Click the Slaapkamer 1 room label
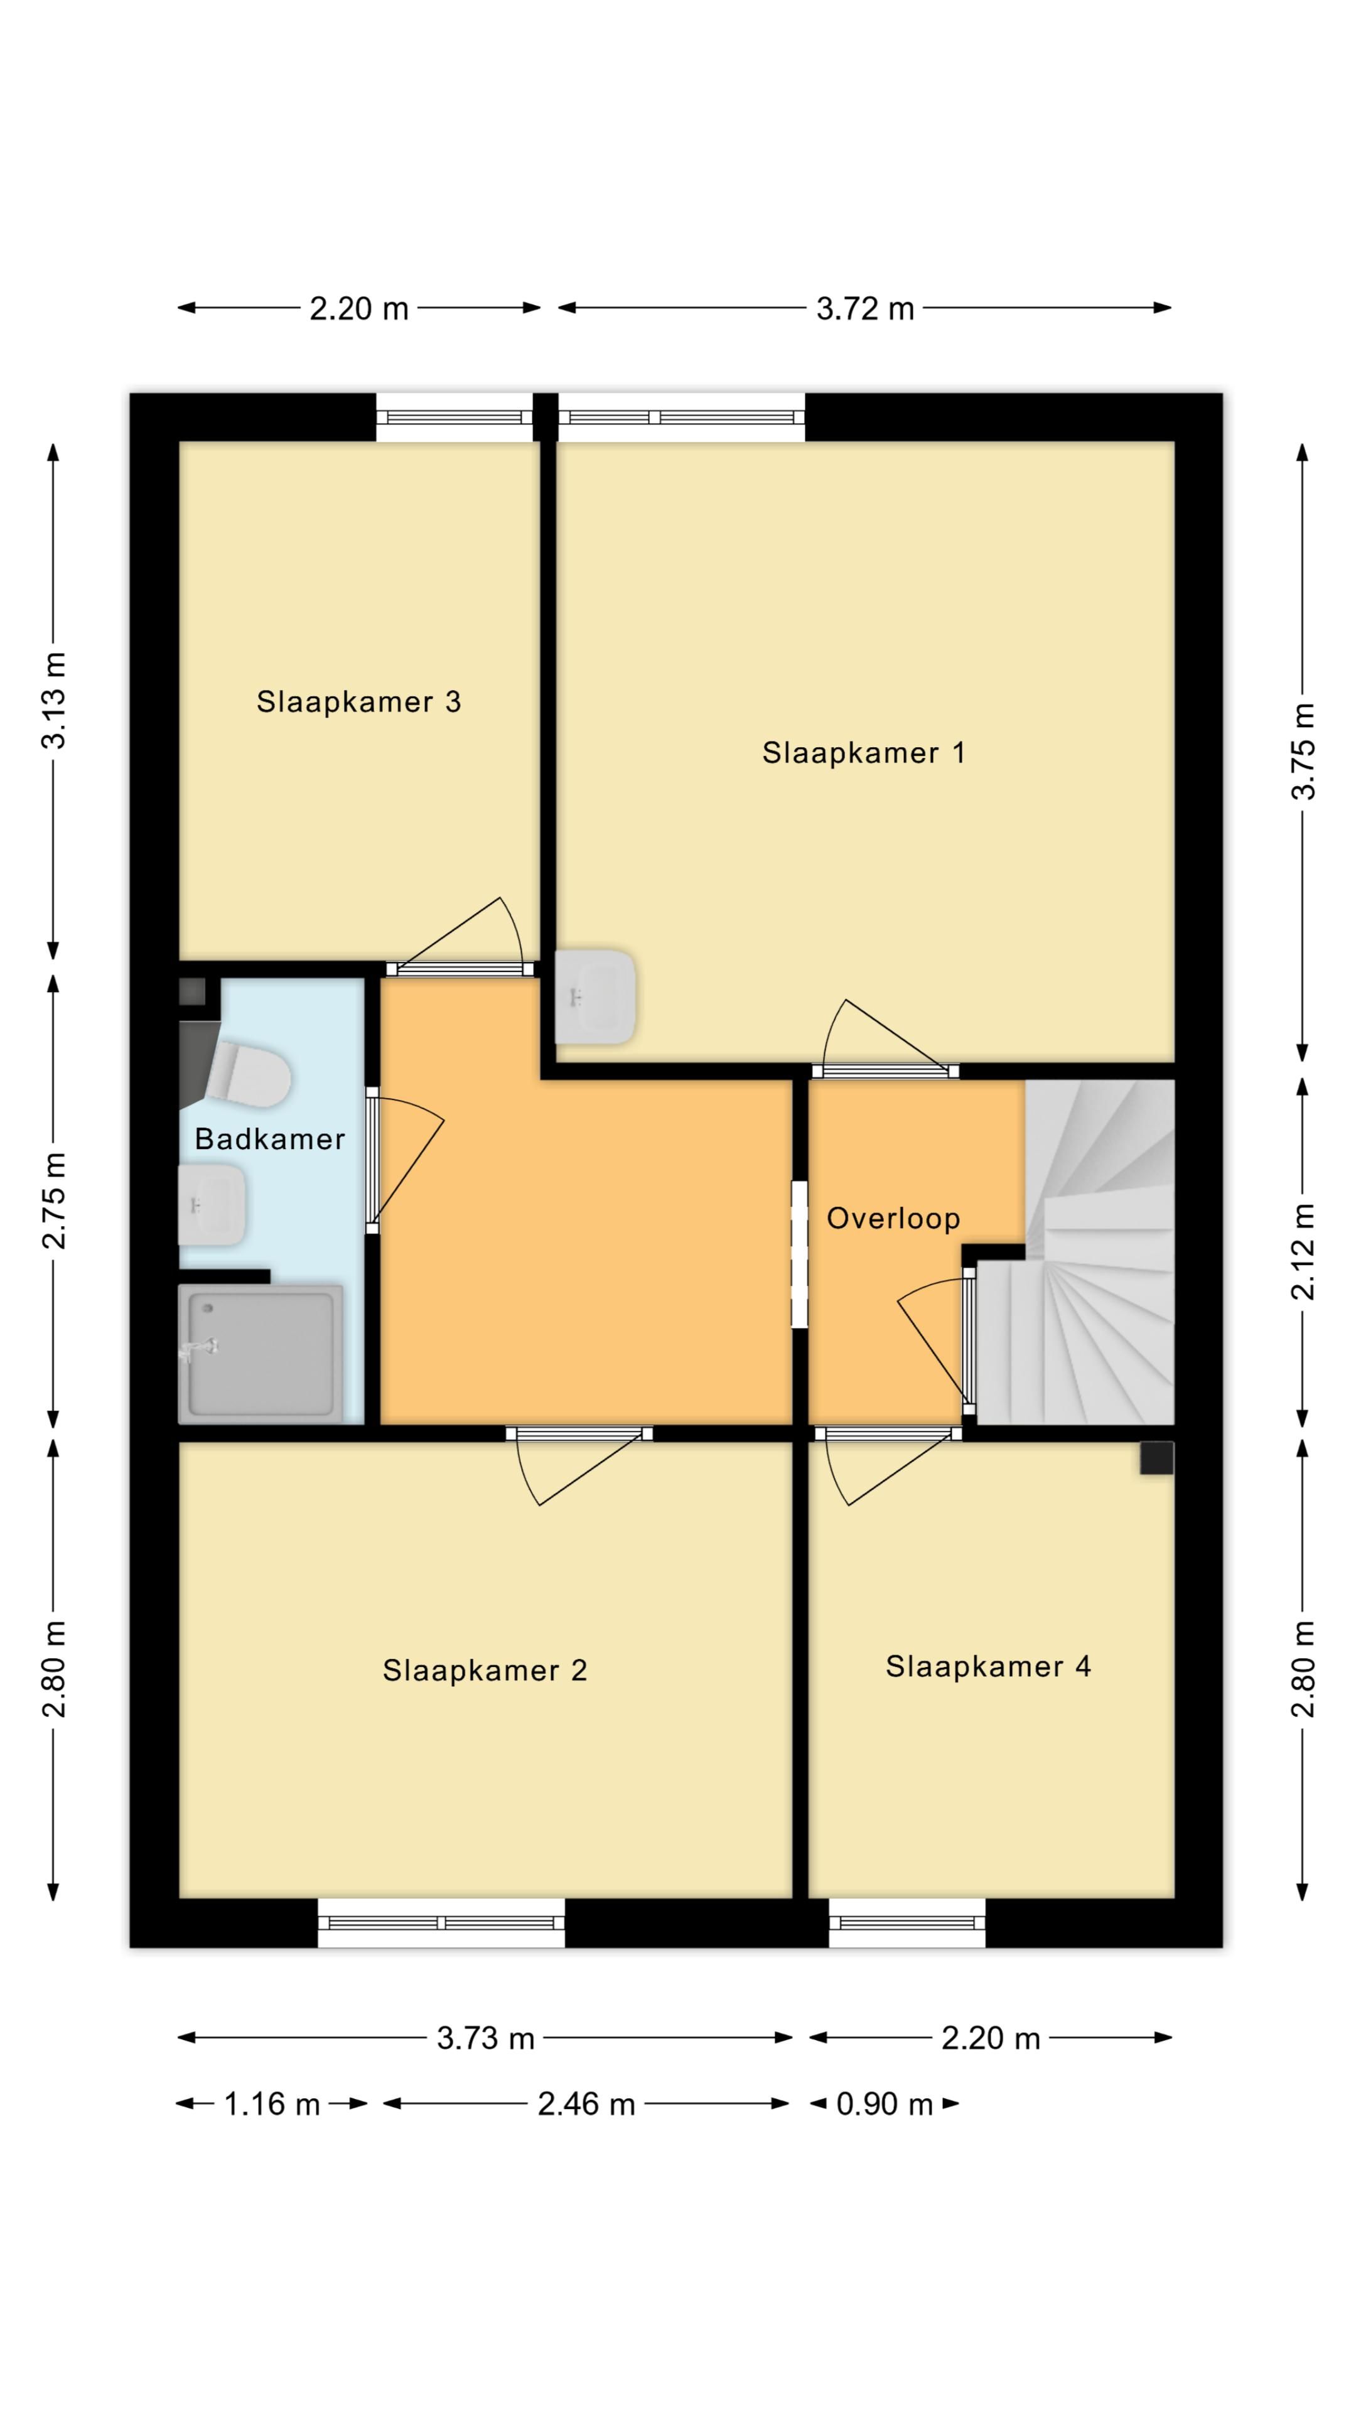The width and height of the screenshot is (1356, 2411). tap(863, 753)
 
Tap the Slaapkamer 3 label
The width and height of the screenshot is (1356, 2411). tap(358, 702)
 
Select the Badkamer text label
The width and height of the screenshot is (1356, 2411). tap(269, 1139)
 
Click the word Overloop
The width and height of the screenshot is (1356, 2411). tap(893, 1219)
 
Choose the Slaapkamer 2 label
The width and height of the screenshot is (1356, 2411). tap(485, 1671)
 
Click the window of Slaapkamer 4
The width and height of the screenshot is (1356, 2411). tap(907, 1923)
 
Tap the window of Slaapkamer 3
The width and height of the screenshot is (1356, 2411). tap(454, 418)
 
